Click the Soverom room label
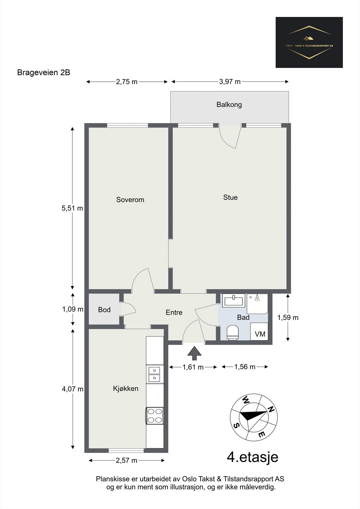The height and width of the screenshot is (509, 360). (x=130, y=200)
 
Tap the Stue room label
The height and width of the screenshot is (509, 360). (x=230, y=197)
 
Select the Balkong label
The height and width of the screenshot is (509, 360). (x=229, y=104)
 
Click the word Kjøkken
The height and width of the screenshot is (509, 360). (x=126, y=388)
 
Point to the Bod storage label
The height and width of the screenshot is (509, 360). (x=104, y=310)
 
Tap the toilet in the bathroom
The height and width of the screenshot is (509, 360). (x=232, y=332)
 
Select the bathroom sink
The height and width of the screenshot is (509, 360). (x=234, y=300)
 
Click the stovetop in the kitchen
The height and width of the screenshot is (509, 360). (x=155, y=416)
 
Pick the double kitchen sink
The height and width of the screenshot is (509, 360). (x=155, y=374)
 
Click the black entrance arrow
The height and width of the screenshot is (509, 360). (x=194, y=353)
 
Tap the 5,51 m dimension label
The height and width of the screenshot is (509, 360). (x=72, y=208)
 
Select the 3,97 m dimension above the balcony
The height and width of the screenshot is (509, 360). (x=230, y=82)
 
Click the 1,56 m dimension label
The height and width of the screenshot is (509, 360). (x=245, y=367)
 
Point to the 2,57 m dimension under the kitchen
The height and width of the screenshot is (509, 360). (x=127, y=460)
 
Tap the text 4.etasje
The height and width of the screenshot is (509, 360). (x=252, y=457)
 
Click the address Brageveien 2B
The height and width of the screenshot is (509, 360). (x=44, y=73)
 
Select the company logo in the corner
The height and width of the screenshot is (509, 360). (x=309, y=42)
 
